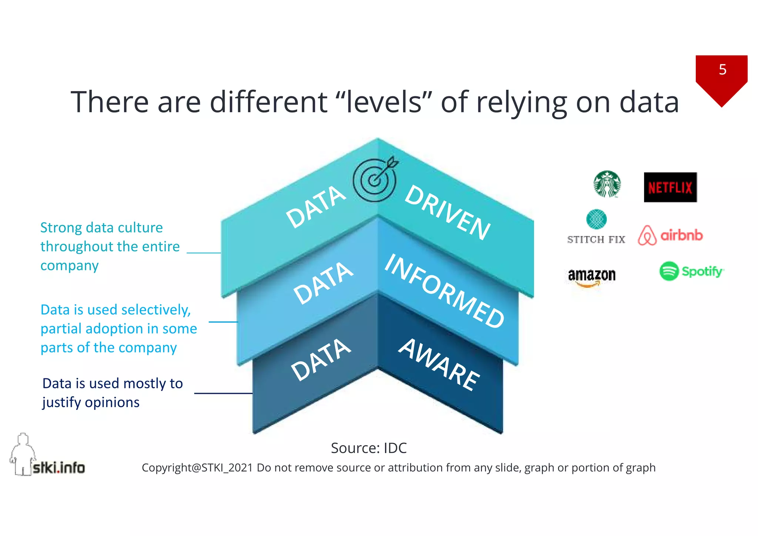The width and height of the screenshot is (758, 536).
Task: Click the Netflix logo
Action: pyautogui.click(x=670, y=187)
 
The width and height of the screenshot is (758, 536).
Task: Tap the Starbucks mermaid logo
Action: pyautogui.click(x=607, y=184)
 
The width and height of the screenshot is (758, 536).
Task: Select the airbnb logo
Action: pyautogui.click(x=670, y=235)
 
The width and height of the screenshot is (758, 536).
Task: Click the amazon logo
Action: pyautogui.click(x=591, y=277)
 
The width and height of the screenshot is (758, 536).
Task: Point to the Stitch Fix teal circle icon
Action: pyautogui.click(x=596, y=219)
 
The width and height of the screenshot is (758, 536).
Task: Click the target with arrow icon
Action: pyautogui.click(x=375, y=180)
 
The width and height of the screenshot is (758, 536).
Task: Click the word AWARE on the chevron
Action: pyautogui.click(x=439, y=365)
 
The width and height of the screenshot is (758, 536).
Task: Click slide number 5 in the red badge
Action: pyautogui.click(x=722, y=70)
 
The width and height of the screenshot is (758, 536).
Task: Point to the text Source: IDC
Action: pyautogui.click(x=369, y=448)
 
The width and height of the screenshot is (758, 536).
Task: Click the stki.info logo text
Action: pyautogui.click(x=59, y=468)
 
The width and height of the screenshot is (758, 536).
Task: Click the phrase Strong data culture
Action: pyautogui.click(x=101, y=227)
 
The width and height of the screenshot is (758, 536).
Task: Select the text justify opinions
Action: pyautogui.click(x=91, y=402)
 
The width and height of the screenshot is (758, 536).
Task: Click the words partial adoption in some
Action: pyautogui.click(x=119, y=329)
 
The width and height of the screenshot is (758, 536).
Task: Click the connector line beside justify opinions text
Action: pyautogui.click(x=223, y=393)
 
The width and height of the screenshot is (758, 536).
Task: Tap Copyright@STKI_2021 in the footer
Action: pyautogui.click(x=197, y=468)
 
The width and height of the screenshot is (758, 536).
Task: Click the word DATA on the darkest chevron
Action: pyautogui.click(x=321, y=360)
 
